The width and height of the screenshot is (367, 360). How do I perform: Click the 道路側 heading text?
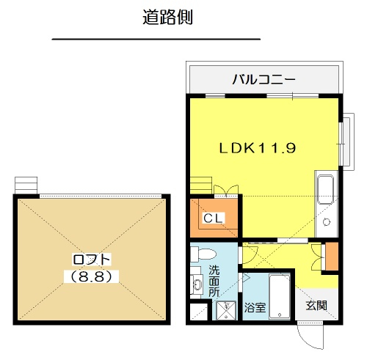coord(167,17)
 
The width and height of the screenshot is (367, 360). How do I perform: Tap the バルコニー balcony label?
coord(264,80)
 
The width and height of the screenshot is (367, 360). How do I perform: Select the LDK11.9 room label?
coord(258,148)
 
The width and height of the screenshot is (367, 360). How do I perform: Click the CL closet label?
coord(214,218)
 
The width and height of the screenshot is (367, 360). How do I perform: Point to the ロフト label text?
coord(92,260)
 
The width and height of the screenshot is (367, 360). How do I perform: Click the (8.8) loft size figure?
coord(91,276)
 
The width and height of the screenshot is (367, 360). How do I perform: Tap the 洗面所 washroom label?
coord(214,281)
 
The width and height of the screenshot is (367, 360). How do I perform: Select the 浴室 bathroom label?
coord(255,307)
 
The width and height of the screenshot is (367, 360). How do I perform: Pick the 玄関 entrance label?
coord(316,305)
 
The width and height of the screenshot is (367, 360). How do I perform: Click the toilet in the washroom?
coord(203,254)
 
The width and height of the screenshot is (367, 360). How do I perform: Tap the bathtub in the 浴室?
coord(280,296)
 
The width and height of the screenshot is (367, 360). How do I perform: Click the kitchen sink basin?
coord(325,190)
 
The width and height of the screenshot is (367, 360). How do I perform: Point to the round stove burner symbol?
coord(326,222)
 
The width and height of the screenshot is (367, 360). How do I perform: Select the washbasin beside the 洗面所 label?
coord(197,284)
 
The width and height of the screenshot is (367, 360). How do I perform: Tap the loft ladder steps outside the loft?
coord(26,185)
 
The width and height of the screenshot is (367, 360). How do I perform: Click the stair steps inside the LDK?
coord(201,185)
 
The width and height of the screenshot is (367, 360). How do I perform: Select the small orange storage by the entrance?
coord(332,257)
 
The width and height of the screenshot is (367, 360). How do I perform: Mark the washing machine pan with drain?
coord(226,310)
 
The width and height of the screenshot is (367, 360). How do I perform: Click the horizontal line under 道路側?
coord(156,39)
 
